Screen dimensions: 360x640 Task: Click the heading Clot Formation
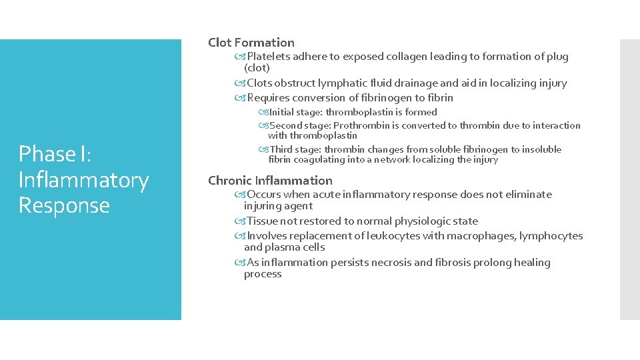click(251, 43)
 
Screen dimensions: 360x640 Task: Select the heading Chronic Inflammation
click(270, 181)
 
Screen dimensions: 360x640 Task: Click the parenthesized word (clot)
click(257, 68)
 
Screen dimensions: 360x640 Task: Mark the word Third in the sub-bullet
click(281, 149)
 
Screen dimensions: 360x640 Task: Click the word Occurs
click(264, 195)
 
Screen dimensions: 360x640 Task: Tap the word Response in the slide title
click(64, 205)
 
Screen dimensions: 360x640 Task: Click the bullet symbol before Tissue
click(240, 221)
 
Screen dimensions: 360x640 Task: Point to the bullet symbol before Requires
click(240, 98)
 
